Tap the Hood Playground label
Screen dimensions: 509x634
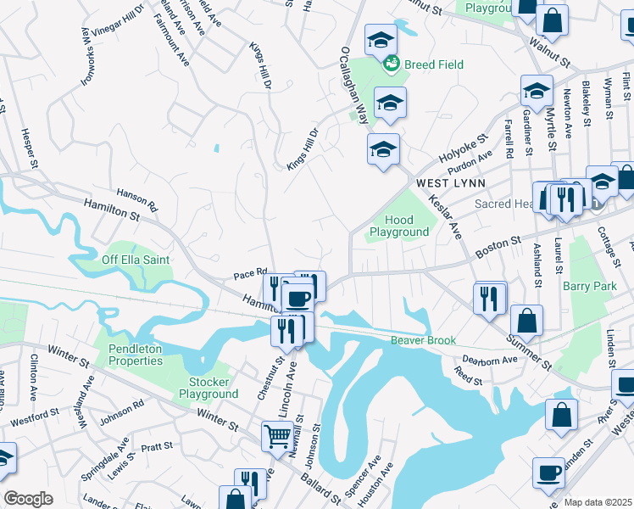click(x=399, y=226)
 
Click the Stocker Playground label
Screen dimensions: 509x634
click(x=209, y=388)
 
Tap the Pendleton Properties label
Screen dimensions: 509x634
click(x=135, y=355)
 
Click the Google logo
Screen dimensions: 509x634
click(x=28, y=499)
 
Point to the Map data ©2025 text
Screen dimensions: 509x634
click(x=598, y=502)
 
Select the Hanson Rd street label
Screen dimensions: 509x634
click(x=136, y=200)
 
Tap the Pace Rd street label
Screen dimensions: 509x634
click(x=250, y=275)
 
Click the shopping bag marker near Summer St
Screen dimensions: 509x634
click(x=526, y=320)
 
